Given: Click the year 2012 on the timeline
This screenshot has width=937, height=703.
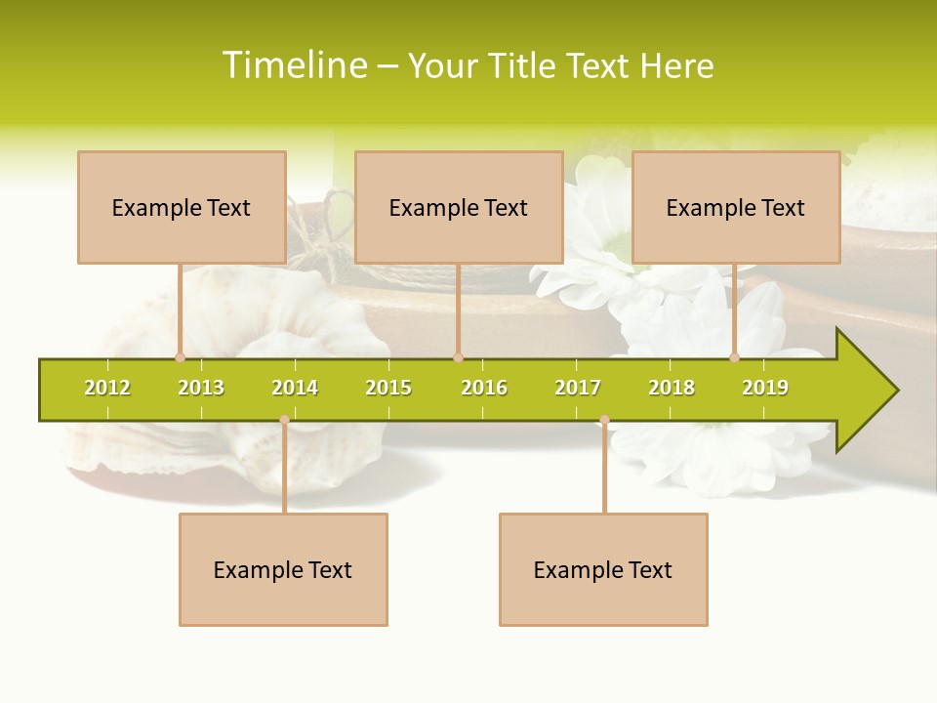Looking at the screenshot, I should click(x=107, y=388).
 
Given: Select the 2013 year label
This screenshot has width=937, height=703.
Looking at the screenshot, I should click(x=201, y=388).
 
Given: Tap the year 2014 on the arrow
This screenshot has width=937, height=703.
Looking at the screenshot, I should click(x=295, y=388).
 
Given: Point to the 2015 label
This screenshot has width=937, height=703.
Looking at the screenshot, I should click(x=388, y=388).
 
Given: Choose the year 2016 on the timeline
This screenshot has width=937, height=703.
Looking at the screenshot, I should click(x=484, y=388).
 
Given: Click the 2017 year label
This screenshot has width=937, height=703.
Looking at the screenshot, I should click(x=578, y=388).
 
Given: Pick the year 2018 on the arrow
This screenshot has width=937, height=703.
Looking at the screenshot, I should click(x=672, y=388).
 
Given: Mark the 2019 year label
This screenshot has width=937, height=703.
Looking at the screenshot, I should click(x=765, y=388).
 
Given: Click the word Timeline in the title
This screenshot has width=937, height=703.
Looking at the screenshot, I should click(x=294, y=65).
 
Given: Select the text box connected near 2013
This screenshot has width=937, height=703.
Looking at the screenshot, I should click(x=182, y=207).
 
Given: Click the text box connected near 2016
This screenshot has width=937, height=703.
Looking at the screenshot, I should click(x=459, y=207).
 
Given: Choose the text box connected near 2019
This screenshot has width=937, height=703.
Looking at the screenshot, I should click(x=736, y=207).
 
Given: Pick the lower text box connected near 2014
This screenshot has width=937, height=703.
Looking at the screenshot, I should click(x=283, y=569).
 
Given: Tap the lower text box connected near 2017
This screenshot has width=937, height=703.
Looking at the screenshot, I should click(x=603, y=569).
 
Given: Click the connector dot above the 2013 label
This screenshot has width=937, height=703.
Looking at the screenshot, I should click(x=180, y=357).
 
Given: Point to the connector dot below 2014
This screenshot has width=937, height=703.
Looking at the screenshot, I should click(x=284, y=420).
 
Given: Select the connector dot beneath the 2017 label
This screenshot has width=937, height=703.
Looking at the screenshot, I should click(x=604, y=420).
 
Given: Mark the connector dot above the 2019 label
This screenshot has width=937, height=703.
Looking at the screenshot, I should click(x=735, y=357).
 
